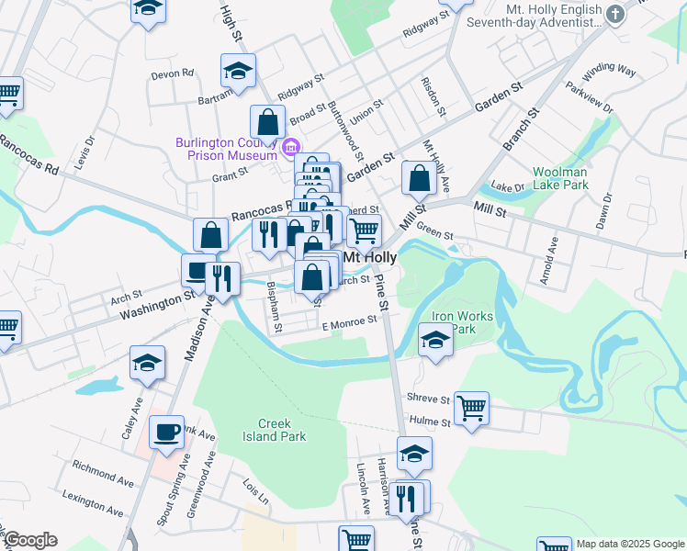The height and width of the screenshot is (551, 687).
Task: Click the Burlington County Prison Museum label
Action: pos(228,148)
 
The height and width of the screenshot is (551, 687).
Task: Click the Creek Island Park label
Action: pos(280,430)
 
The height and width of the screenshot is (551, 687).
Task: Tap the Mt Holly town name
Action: pos(369,258)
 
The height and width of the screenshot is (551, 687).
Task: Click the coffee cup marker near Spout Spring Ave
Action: pos(167,432)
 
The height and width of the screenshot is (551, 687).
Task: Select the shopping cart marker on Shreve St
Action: pos(471,408)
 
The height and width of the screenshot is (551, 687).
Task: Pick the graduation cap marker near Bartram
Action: pos(238,70)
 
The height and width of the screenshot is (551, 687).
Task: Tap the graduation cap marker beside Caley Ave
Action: pos(147,362)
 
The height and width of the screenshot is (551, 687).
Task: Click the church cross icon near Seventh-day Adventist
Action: pos(615,15)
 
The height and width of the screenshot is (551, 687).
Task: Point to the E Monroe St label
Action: pos(349,323)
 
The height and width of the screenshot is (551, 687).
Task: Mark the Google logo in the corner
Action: pos(29,540)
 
